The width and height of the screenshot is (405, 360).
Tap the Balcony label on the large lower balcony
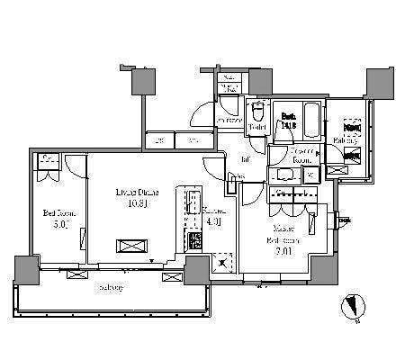(112, 286)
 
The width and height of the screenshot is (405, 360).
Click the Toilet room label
(256, 128)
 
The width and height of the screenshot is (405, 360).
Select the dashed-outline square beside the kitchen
(220, 261)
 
